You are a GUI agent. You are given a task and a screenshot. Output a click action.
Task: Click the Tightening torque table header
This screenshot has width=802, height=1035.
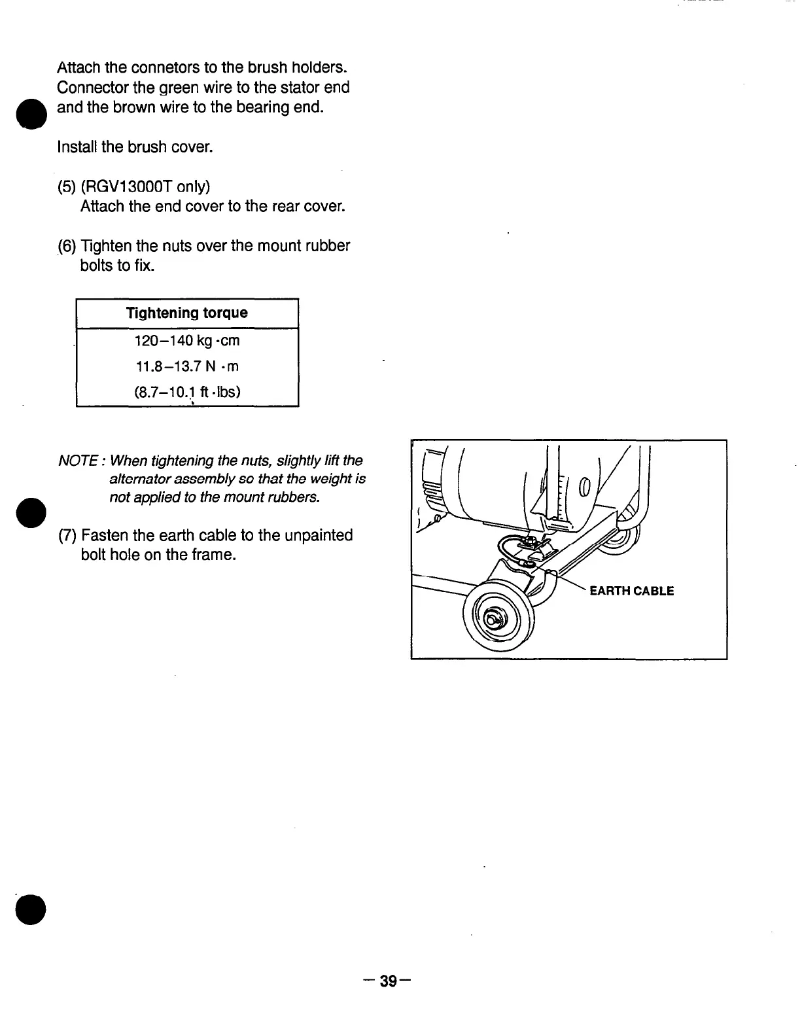(x=187, y=313)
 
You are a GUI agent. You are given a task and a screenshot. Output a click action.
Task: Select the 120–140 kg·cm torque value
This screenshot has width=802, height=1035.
(x=187, y=341)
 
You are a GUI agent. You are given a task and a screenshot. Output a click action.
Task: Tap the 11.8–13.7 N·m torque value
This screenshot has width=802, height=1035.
(x=187, y=366)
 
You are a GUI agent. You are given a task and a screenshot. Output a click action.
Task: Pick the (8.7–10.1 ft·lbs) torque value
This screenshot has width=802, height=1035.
(x=187, y=393)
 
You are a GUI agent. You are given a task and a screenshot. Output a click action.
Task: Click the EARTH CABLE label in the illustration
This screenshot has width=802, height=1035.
(x=631, y=591)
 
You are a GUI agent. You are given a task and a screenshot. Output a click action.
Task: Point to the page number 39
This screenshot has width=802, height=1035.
(x=389, y=981)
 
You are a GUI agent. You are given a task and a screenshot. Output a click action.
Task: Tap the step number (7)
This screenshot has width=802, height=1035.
(x=67, y=536)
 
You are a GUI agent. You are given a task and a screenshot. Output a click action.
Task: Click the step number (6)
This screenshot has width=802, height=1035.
(x=67, y=247)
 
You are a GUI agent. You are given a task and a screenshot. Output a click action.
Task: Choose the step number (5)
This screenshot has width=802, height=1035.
(x=67, y=187)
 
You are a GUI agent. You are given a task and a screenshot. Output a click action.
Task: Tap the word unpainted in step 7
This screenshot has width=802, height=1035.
(x=317, y=536)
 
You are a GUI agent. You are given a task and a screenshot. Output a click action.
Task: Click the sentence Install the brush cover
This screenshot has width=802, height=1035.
(x=135, y=147)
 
